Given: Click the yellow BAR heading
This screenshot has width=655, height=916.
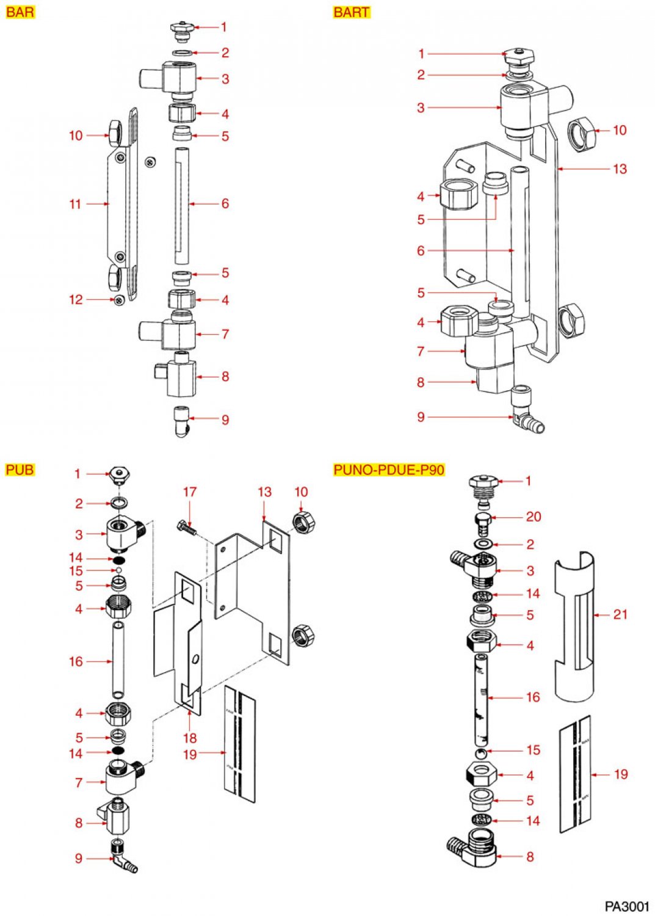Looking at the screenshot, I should [20, 12].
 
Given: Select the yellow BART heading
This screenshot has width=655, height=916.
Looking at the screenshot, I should [352, 12].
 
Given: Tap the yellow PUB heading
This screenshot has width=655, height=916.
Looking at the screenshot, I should [20, 470].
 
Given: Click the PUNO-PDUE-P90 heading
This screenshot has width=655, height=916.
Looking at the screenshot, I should [389, 470].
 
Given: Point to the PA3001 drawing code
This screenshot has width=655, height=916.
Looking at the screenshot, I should [627, 906].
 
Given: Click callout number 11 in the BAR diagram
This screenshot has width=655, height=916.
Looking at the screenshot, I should [75, 204].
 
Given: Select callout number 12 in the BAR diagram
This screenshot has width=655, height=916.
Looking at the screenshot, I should [75, 300].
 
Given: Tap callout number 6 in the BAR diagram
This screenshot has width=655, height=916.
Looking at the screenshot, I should [225, 203].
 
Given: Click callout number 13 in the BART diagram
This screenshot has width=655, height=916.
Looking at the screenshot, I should [620, 169].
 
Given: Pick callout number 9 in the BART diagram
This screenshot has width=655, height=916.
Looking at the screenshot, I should [421, 417].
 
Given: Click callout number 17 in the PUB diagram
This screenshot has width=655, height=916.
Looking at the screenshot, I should [190, 492].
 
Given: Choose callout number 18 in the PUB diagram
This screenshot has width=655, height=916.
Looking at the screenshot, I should [190, 738].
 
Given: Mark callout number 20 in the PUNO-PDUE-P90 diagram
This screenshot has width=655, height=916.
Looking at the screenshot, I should [534, 517].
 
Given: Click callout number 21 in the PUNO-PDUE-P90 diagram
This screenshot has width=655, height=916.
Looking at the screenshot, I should [620, 614].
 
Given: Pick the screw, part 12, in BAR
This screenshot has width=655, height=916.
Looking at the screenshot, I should [120, 299].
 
